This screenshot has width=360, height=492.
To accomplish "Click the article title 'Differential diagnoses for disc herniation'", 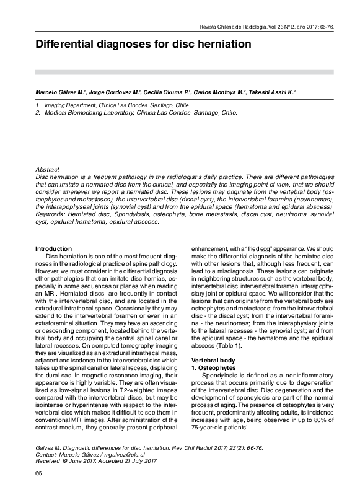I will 143,45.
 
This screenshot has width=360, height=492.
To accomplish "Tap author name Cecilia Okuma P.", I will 165,92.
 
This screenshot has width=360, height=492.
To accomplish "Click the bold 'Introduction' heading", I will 53,248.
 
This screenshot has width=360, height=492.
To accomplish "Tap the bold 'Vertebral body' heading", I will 213,360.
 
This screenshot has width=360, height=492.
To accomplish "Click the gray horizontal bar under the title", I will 180,72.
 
